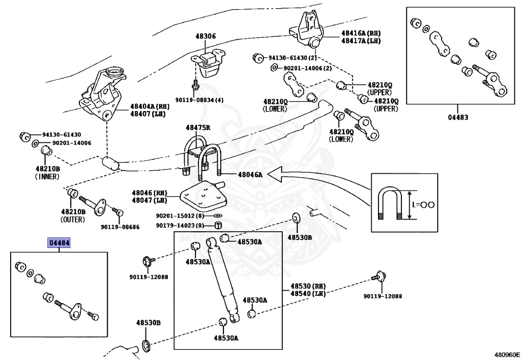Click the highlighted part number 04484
59,243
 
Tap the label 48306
206,37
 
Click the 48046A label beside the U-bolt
249,175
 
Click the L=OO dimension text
423,205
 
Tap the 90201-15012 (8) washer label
180,216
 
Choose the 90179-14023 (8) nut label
180,226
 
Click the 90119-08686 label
120,227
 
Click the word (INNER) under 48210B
47,177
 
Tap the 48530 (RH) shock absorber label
308,287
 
